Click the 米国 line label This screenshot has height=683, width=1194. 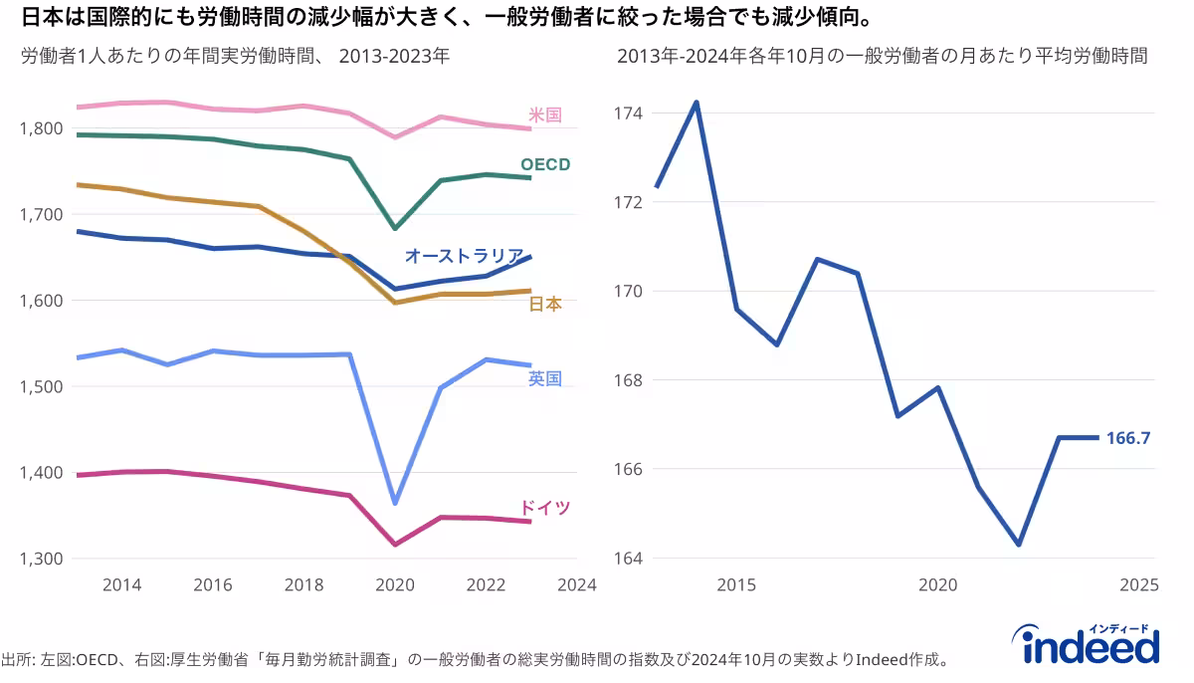544,114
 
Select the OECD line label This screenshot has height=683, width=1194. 544,164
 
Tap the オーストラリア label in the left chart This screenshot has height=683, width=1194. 464,256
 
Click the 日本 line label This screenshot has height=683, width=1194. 544,304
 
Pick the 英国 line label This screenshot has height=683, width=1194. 544,378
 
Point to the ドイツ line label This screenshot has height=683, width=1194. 545,508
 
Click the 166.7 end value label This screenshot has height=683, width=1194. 1128,437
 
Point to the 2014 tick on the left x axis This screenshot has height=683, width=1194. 121,584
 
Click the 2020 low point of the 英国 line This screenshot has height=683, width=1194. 395,503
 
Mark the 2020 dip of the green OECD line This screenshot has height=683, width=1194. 395,228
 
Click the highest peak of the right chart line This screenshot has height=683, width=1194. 696,102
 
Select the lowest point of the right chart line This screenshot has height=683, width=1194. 1018,545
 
